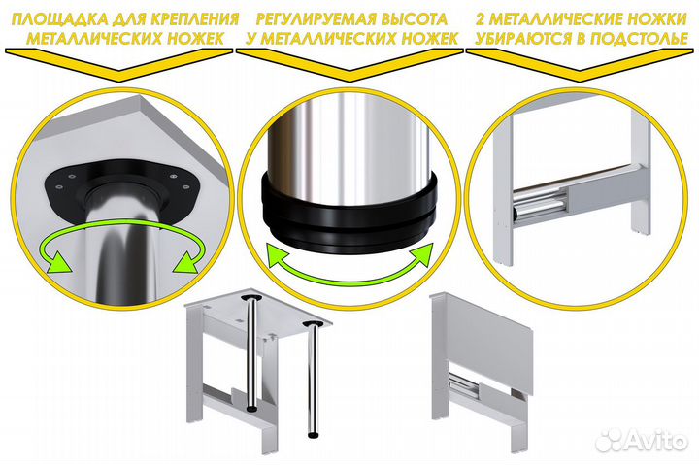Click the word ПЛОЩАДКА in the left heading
(x=59, y=19)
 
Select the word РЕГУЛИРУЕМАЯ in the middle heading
(x=311, y=19)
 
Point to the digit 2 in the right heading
(x=481, y=19)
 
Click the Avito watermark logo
(x=643, y=440)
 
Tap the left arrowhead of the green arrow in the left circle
(x=58, y=262)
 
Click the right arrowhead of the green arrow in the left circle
(x=186, y=262)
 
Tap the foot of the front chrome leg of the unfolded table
(x=313, y=434)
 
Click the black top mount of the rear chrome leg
(x=251, y=297)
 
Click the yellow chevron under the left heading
(x=119, y=65)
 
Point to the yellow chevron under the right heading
(x=580, y=65)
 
